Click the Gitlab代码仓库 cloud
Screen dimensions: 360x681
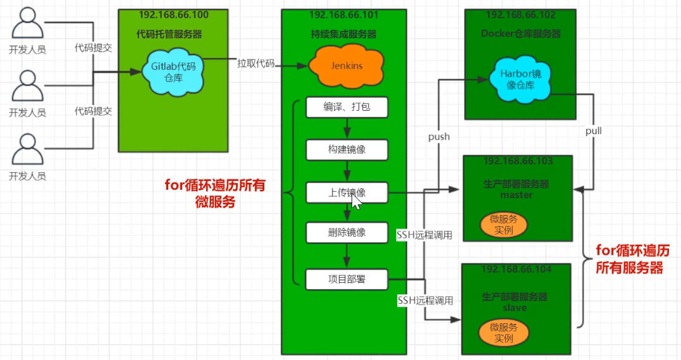point(173,71)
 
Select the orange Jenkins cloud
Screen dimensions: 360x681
point(347,66)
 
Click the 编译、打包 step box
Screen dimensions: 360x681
point(346,108)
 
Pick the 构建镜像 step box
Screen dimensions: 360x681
point(346,150)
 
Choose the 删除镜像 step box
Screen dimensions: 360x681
point(346,232)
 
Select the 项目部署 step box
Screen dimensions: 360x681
point(346,278)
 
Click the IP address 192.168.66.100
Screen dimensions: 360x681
point(173,15)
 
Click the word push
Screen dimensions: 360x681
point(439,137)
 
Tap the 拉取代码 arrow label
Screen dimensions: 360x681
point(255,63)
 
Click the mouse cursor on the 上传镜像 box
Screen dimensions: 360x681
point(356,201)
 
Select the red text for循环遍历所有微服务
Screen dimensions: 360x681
point(215,194)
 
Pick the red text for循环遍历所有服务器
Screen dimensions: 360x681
point(632,259)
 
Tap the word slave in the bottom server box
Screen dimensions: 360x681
point(515,307)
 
